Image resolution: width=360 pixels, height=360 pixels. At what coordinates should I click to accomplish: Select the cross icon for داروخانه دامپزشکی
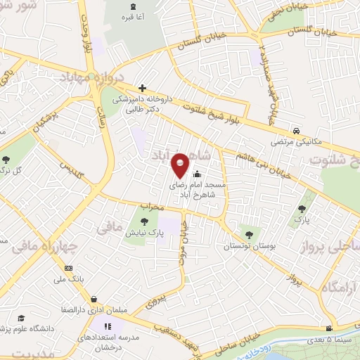(x=143, y=89)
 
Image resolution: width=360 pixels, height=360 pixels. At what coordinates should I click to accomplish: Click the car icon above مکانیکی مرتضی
(x=297, y=131)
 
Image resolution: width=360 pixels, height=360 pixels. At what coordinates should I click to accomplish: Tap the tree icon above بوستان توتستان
(x=247, y=233)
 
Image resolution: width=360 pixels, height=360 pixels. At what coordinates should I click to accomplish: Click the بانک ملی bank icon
(x=68, y=268)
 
